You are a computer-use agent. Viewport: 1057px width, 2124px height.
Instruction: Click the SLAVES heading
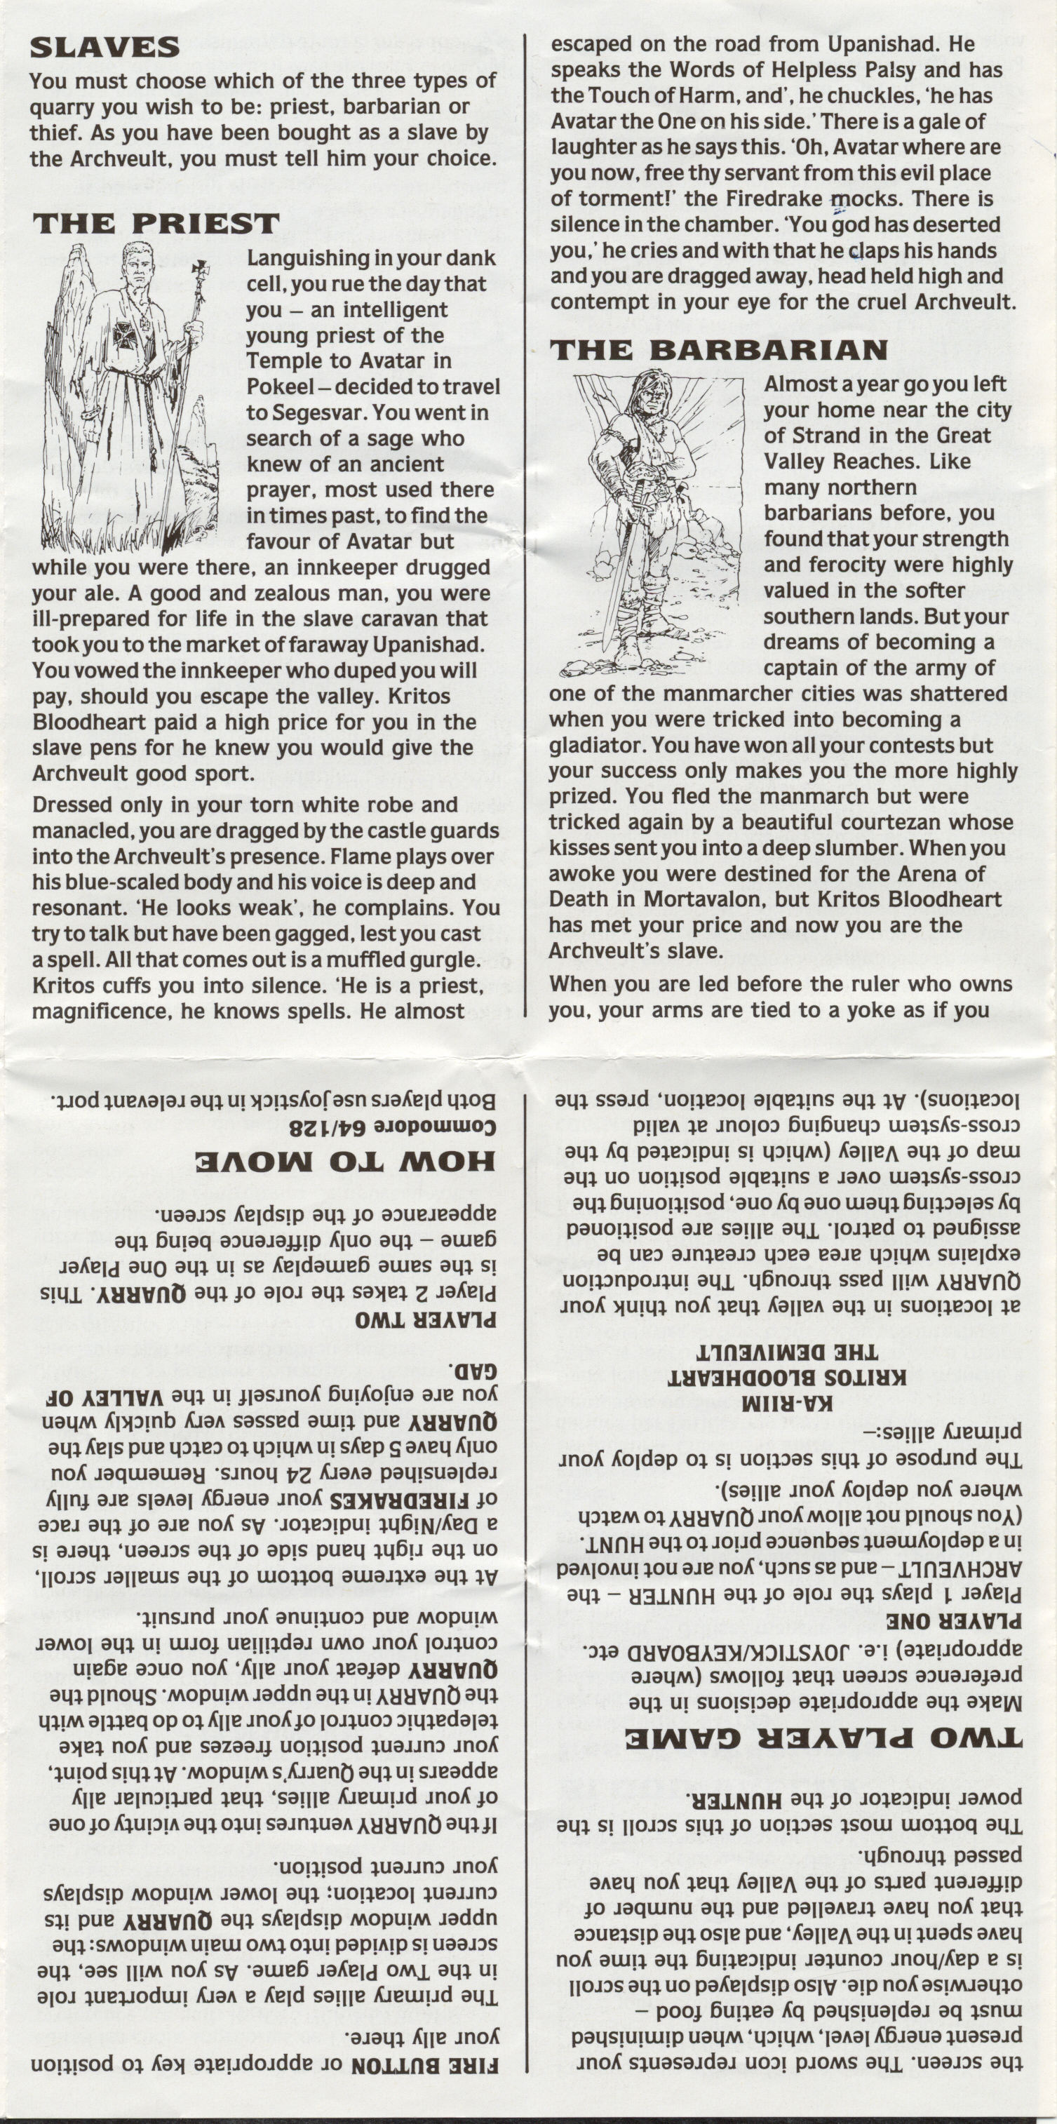(x=105, y=48)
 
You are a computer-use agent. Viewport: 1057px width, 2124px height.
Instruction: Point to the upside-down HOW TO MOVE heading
(x=344, y=1162)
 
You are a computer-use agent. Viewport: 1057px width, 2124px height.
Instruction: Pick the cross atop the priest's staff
(x=199, y=269)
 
